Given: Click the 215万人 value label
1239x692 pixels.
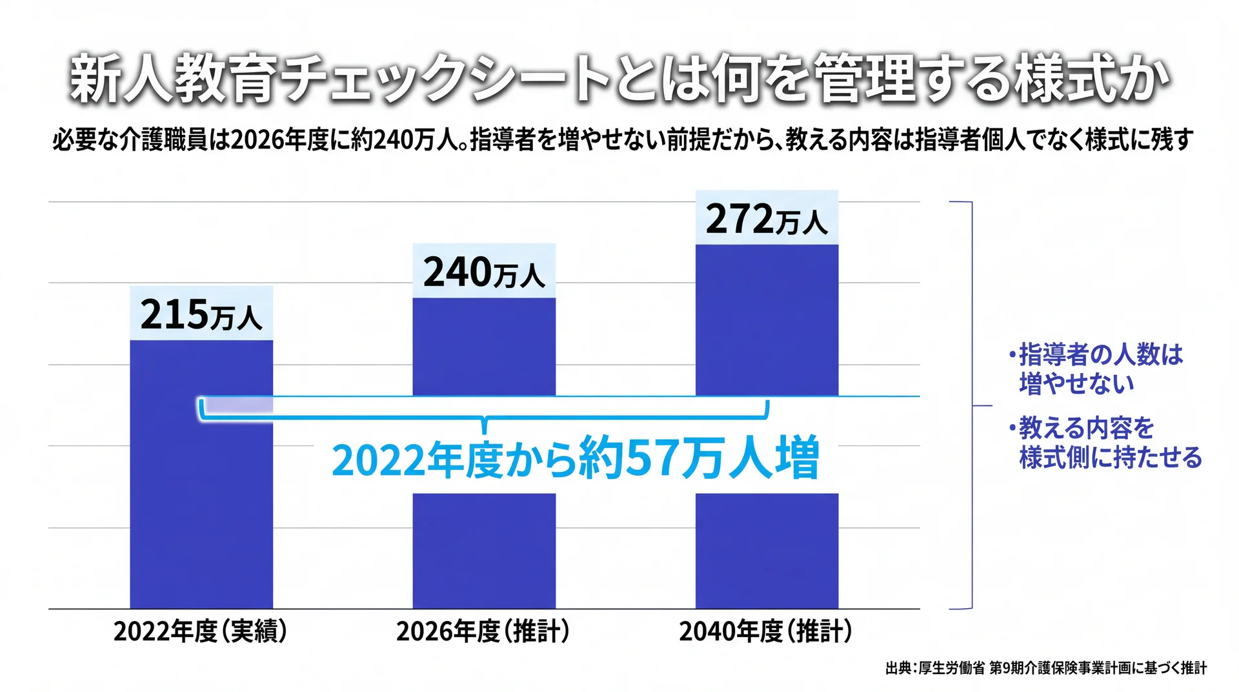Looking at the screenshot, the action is pyautogui.click(x=201, y=314).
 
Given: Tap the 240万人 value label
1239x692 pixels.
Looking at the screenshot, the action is pyautogui.click(x=484, y=272).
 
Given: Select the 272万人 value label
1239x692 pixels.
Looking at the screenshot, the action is pyautogui.click(x=767, y=219).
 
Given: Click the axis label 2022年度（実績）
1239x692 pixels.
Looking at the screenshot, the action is pyautogui.click(x=201, y=631).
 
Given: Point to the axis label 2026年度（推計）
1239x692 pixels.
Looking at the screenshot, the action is pyautogui.click(x=483, y=631).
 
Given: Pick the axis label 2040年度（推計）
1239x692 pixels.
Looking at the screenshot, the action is pyautogui.click(x=766, y=631).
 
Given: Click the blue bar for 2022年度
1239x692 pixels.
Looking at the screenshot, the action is pyautogui.click(x=201, y=474).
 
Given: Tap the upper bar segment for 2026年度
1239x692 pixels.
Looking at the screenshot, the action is pyautogui.click(x=484, y=347).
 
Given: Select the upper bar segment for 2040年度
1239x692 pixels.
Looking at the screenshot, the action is pyautogui.click(x=767, y=320).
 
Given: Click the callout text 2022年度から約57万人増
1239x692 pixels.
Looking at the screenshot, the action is pyautogui.click(x=576, y=458).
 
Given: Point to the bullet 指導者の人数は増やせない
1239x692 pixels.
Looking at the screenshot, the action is pyautogui.click(x=1096, y=369).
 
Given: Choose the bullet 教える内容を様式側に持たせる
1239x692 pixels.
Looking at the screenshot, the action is pyautogui.click(x=1105, y=443).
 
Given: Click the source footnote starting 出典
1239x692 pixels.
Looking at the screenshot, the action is pyautogui.click(x=1046, y=668).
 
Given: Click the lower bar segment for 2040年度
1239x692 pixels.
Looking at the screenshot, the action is pyautogui.click(x=767, y=551).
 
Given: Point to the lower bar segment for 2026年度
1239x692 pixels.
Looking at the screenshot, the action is pyautogui.click(x=484, y=551).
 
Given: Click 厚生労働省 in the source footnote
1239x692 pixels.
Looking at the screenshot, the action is pyautogui.click(x=952, y=668).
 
